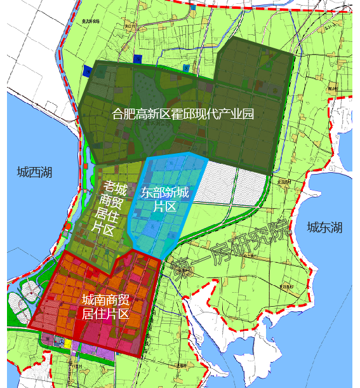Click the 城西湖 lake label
(35, 172)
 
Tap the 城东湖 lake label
(324, 227)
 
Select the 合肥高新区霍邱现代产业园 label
(183, 115)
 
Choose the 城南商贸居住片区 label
(106, 307)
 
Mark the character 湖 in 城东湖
(336, 227)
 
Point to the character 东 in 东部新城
(147, 191)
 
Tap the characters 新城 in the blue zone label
(183, 191)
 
